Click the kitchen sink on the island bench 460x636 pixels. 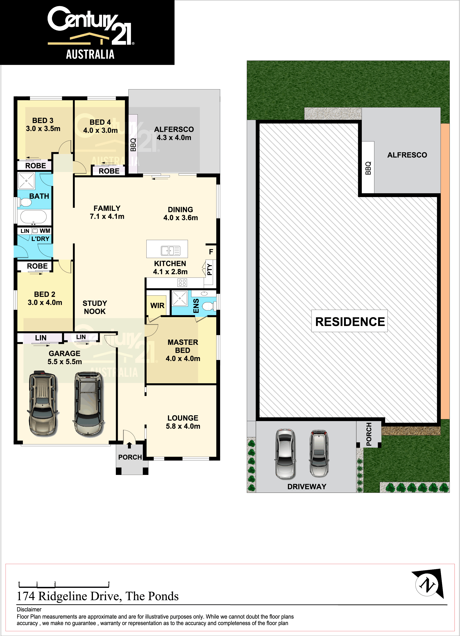tap(170, 251)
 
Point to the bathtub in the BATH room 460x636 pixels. tap(33, 217)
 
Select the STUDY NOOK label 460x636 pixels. tap(95, 307)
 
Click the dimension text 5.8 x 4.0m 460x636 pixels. tap(183, 426)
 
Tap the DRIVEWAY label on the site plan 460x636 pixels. tap(307, 486)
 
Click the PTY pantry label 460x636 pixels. tap(210, 270)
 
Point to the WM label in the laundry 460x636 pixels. tap(45, 231)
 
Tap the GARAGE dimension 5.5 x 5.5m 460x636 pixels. tap(65, 362)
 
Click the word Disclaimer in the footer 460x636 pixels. tap(29, 609)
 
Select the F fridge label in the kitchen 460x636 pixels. tap(211, 252)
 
